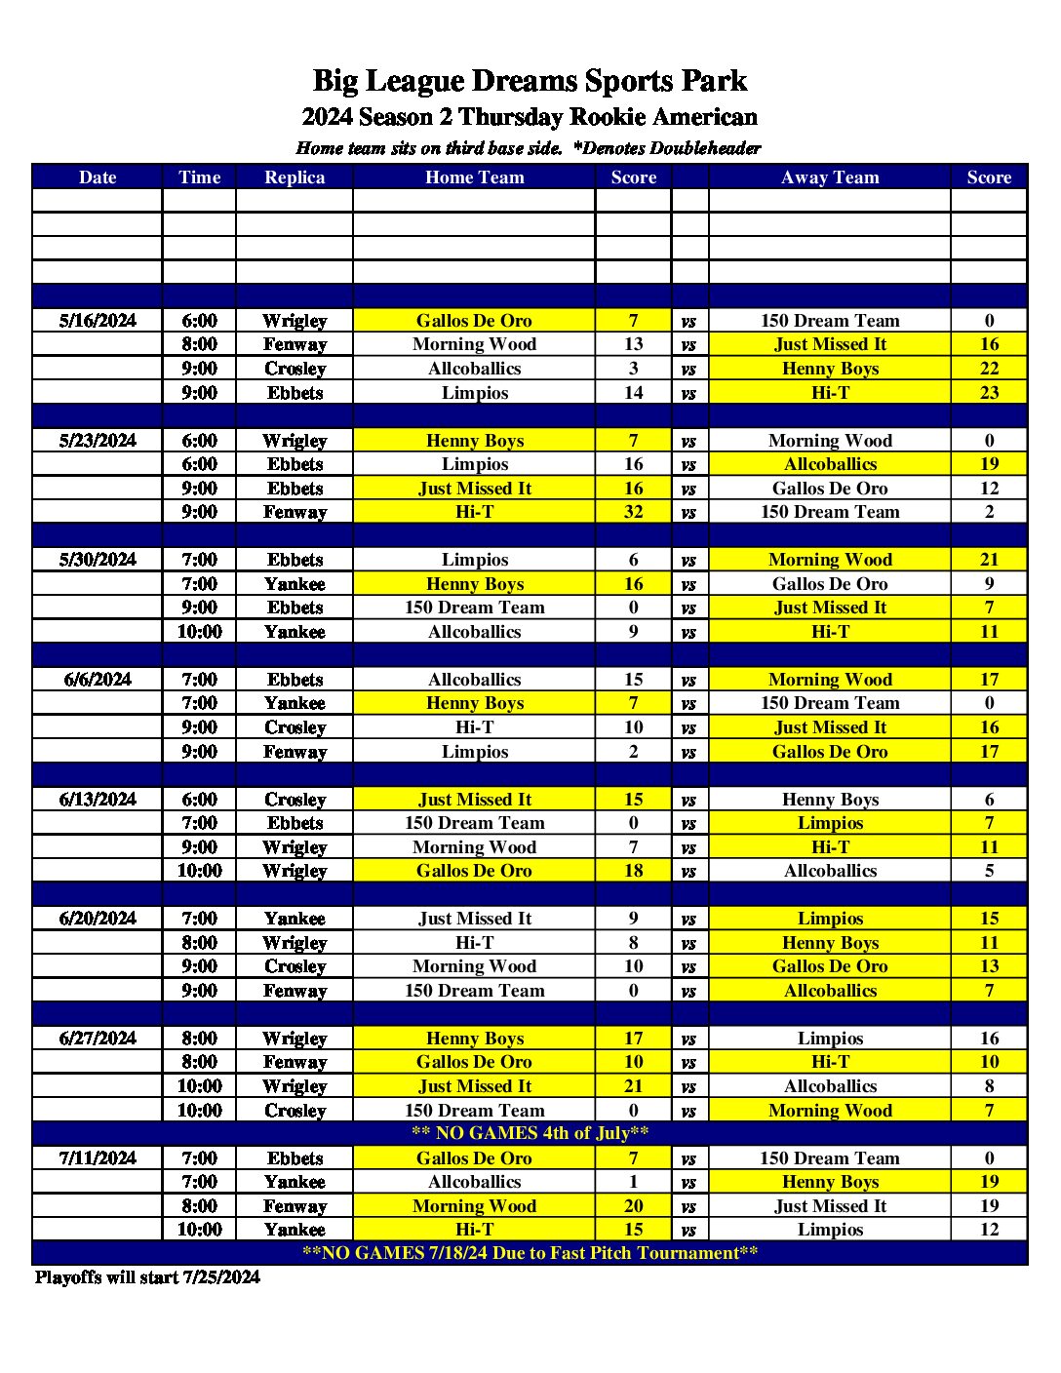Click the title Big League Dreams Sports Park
click(530, 81)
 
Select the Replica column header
click(295, 177)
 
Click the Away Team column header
click(830, 177)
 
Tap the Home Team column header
click(474, 177)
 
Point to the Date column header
click(98, 177)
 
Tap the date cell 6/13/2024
click(98, 800)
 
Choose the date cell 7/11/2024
click(98, 1158)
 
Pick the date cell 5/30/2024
click(98, 560)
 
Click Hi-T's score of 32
click(634, 512)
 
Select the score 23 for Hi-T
click(989, 393)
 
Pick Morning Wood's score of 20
click(634, 1206)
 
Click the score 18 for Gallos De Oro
click(634, 871)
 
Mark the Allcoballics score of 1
click(634, 1182)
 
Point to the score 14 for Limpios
click(634, 393)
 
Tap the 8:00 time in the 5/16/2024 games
click(199, 344)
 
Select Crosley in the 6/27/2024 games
click(295, 1111)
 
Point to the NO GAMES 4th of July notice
click(530, 1133)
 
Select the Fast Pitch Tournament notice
click(530, 1253)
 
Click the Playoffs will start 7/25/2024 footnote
click(147, 1277)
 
